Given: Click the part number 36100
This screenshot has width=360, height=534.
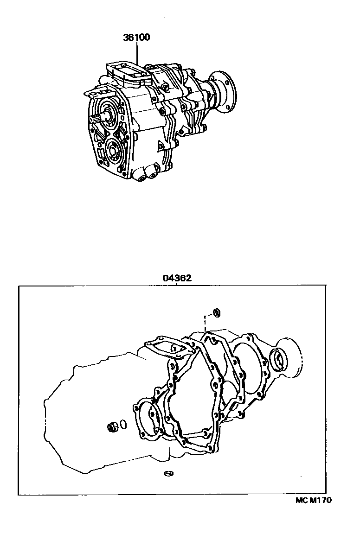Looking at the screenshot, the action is point(136,38).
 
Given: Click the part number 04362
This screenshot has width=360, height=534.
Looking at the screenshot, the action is point(177,278).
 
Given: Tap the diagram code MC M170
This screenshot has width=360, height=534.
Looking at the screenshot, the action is point(314,500).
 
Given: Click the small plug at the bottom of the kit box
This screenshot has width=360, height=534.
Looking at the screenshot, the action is point(169,473).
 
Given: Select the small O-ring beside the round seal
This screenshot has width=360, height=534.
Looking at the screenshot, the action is point(122,424).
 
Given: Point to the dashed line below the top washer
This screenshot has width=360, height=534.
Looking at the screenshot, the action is point(205,323).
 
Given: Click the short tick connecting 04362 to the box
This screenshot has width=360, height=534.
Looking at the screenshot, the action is point(177,285).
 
